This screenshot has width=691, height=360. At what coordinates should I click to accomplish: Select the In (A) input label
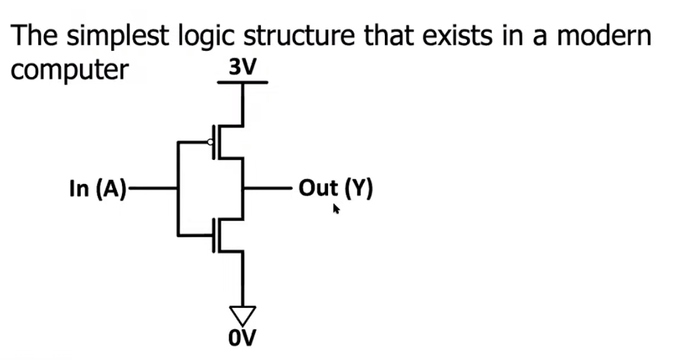tap(97, 189)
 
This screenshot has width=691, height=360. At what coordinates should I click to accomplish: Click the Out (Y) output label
tap(335, 189)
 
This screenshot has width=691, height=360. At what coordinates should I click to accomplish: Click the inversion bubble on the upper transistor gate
tap(210, 141)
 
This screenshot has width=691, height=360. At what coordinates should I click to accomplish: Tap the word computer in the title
tap(69, 69)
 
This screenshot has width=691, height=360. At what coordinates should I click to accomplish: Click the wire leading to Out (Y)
tap(267, 189)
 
